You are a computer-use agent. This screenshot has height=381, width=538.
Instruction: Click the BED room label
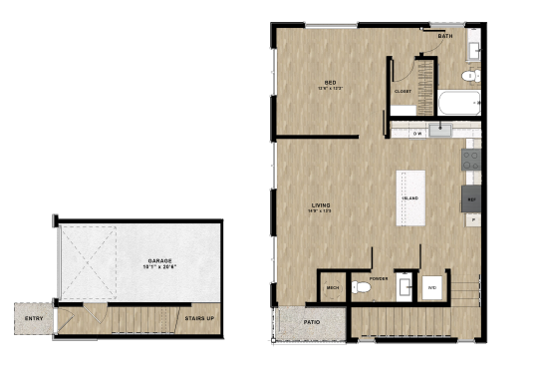329,82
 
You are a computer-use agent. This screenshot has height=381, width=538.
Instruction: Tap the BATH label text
444,36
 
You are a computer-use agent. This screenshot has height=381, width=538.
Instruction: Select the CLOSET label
403,91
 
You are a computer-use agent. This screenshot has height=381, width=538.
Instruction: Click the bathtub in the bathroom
458,102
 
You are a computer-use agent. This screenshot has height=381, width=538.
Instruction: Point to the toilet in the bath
469,75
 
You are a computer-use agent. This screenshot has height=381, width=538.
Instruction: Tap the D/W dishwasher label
417,133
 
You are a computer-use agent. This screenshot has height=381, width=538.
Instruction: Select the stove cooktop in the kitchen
471,159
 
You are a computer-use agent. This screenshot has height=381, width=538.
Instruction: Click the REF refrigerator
471,198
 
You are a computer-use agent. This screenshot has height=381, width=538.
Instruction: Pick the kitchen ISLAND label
409,198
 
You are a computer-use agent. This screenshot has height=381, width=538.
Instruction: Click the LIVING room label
321,205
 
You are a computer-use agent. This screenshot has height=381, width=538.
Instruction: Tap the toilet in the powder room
362,287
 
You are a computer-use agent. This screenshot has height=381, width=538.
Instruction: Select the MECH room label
333,288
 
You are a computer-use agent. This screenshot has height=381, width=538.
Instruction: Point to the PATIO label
311,322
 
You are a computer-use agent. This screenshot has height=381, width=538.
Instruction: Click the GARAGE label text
160,260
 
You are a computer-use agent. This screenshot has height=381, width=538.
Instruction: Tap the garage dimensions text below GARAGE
160,267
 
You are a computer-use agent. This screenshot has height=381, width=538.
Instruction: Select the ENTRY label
33,319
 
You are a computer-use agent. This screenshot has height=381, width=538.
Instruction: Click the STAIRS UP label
199,319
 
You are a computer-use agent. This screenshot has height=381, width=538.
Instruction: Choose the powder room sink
404,287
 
